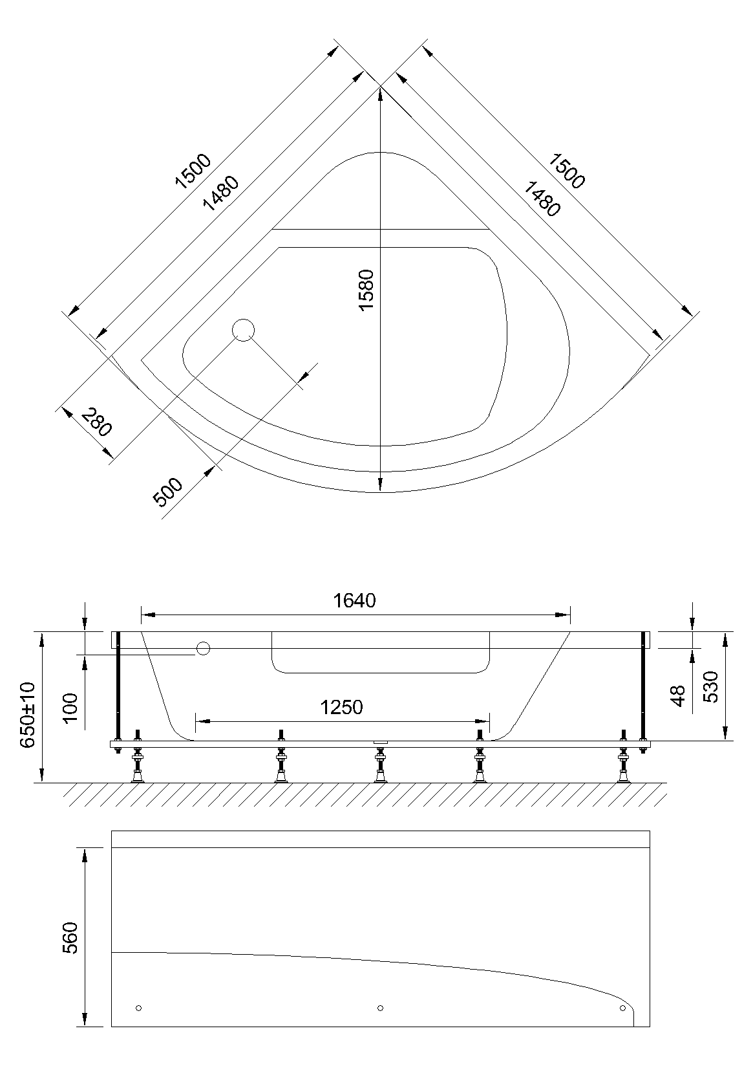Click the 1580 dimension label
366,289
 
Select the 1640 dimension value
354,601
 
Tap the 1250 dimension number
342,708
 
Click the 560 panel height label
70,937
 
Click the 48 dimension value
678,696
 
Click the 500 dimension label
168,492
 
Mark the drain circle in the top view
243,331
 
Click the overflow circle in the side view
204,648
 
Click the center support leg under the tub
380,765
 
